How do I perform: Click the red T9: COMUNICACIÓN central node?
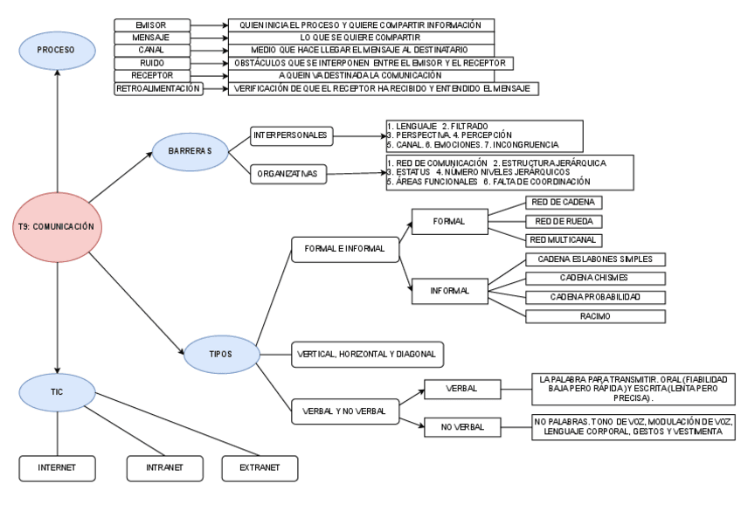pyautogui.click(x=57, y=225)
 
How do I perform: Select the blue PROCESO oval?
pyautogui.click(x=57, y=51)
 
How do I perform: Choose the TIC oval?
pyautogui.click(x=57, y=393)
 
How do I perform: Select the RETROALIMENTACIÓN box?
pyautogui.click(x=158, y=88)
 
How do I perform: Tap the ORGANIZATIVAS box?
pyautogui.click(x=286, y=174)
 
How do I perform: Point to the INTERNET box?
pyautogui.click(x=57, y=467)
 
